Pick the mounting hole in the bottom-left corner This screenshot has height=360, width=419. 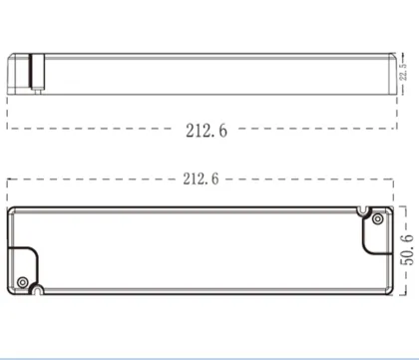(37, 290)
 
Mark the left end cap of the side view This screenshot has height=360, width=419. (14, 74)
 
